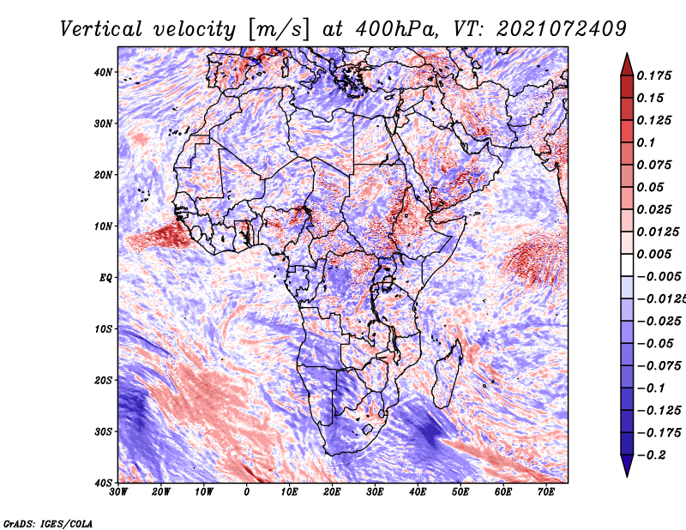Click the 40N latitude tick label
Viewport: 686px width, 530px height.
[x=103, y=72]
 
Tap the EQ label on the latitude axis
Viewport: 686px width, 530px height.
[x=105, y=278]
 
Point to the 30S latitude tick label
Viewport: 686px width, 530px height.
[x=103, y=432]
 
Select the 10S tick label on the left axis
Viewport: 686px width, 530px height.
[x=103, y=329]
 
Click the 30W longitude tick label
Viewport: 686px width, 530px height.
[x=118, y=492]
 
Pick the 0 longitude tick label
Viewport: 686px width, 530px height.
[x=247, y=492]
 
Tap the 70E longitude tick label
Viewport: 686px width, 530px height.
[x=546, y=492]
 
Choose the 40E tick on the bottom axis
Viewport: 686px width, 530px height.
[x=418, y=492]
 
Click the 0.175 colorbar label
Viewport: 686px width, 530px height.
[x=654, y=75]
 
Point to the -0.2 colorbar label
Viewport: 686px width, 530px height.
[x=651, y=455]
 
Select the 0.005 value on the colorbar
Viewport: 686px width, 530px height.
[x=654, y=254]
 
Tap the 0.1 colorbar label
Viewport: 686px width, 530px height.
[x=647, y=142]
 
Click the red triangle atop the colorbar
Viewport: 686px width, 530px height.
[x=627, y=65]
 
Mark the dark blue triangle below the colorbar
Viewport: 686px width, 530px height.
[x=627, y=466]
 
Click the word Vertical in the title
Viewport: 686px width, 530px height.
[x=101, y=29]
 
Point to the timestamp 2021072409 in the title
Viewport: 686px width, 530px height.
[x=562, y=29]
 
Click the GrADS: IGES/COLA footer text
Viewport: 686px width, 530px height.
[x=48, y=523]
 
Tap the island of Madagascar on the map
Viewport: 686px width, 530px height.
[x=448, y=374]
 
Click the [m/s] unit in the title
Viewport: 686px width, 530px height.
[x=280, y=30]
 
